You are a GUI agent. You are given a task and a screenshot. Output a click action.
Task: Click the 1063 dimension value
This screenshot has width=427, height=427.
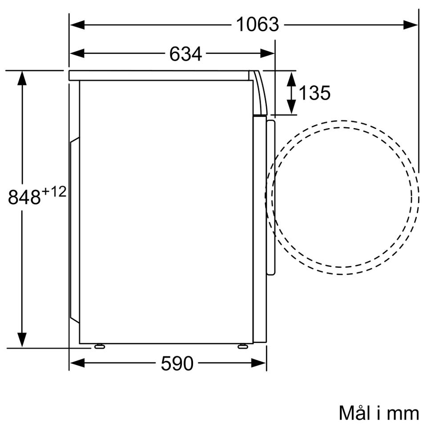(x=258, y=24)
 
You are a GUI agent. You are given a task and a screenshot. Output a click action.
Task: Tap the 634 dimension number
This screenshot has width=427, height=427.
(x=185, y=54)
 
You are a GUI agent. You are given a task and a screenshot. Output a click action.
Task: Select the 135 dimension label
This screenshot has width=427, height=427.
(x=314, y=93)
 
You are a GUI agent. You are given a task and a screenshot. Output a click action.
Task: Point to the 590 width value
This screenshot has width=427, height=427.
(x=177, y=363)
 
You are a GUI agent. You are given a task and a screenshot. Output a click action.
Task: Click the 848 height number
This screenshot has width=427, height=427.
(x=24, y=197)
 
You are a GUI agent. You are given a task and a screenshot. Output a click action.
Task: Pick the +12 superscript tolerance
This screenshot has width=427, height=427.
(x=54, y=192)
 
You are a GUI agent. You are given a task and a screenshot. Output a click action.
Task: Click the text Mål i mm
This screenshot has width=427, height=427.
(x=379, y=413)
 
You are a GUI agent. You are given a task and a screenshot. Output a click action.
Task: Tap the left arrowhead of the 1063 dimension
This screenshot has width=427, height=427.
(x=77, y=25)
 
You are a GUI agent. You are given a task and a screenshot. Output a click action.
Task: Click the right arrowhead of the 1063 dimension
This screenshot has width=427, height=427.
(x=410, y=25)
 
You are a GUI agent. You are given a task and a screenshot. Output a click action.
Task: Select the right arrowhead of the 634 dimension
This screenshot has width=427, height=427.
(x=267, y=53)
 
